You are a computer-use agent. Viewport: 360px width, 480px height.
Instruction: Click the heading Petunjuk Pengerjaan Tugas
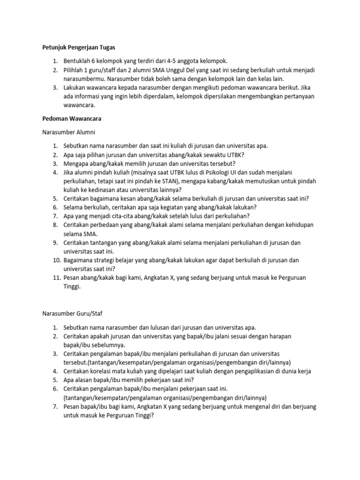(76, 47)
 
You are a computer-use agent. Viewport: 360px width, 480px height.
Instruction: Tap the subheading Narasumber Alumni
(69, 133)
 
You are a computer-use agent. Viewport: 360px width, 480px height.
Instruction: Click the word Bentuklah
(78, 61)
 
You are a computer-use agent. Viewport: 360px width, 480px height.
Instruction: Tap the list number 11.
(55, 277)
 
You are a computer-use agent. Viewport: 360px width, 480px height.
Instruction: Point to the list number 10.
(55, 260)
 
